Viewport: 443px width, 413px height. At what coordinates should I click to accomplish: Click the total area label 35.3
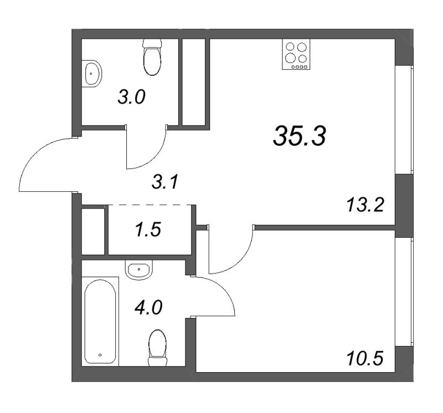click(300, 136)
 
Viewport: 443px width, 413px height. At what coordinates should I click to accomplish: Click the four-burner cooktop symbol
click(295, 55)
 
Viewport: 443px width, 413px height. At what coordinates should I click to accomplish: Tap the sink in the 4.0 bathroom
click(138, 270)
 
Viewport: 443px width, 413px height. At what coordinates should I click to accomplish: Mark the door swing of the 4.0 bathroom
click(219, 296)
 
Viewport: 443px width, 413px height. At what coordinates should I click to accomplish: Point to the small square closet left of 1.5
click(93, 231)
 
